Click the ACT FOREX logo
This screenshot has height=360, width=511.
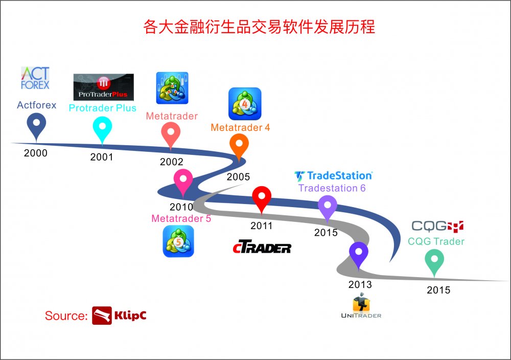pos(35,78)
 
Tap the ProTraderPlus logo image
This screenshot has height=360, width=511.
pos(103,87)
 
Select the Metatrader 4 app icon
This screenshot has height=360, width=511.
pos(245,104)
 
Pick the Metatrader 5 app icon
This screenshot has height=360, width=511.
pos(178,241)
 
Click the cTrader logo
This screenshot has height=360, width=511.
pos(262,247)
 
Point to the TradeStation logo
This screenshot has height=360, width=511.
pos(333,176)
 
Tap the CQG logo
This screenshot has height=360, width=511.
pos(437,226)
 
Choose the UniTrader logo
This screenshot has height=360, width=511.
pos(361,306)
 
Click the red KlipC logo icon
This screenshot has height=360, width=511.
pos(102,316)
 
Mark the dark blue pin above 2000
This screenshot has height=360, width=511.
pos(36,126)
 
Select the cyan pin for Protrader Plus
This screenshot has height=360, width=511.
pos(102,130)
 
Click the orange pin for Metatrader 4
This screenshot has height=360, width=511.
pos(239,147)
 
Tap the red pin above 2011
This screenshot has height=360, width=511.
pos(262,199)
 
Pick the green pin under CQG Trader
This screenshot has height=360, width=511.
pos(434,262)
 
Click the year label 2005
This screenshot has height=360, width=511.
pos(238,177)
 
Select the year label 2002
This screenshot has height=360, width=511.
pos(171,162)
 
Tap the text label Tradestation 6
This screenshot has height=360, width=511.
pos(332,188)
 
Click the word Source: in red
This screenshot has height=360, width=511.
pos(66,316)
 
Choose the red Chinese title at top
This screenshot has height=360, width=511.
pos(259,27)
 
